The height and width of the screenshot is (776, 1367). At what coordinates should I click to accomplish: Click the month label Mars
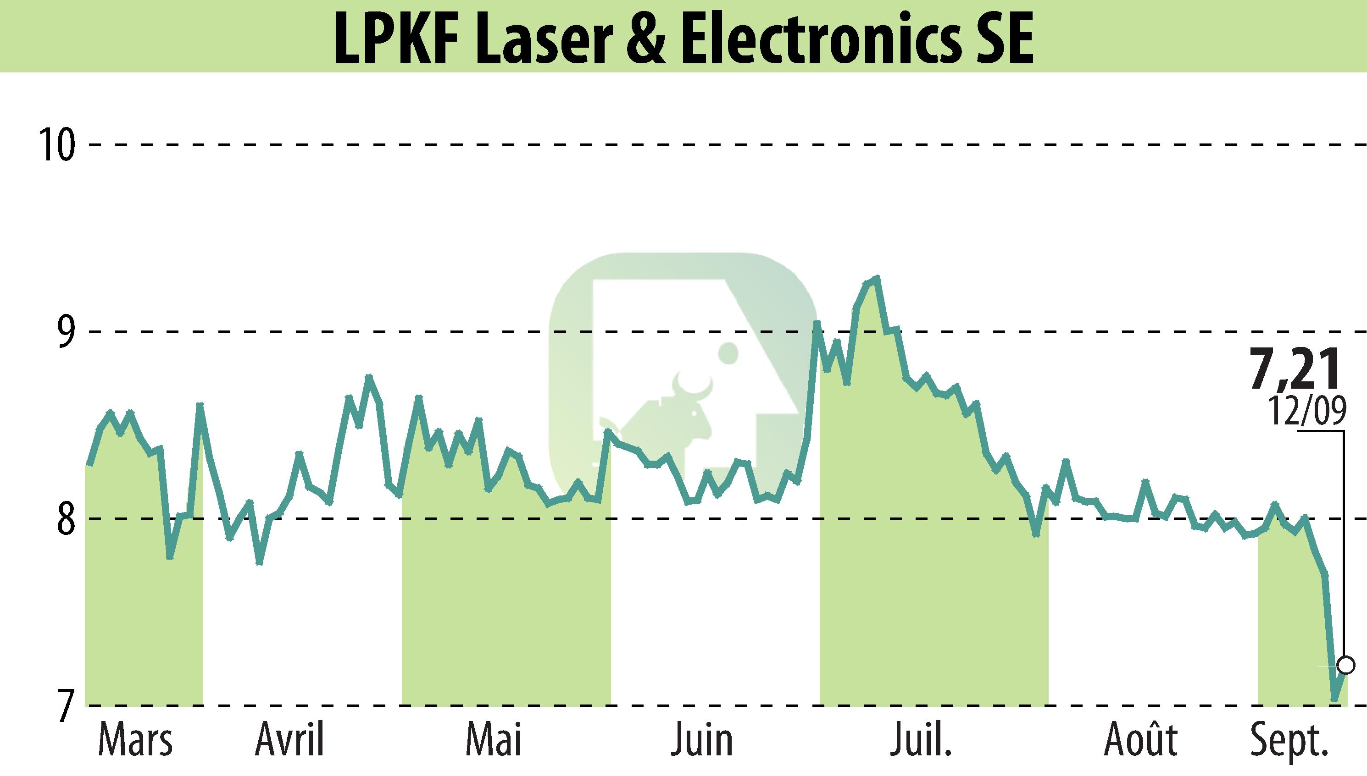[x=135, y=740]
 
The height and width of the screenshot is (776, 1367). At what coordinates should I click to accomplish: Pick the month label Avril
[x=289, y=740]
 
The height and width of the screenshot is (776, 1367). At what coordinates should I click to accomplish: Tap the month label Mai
[x=493, y=740]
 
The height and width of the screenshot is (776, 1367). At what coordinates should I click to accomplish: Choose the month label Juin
[x=702, y=740]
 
